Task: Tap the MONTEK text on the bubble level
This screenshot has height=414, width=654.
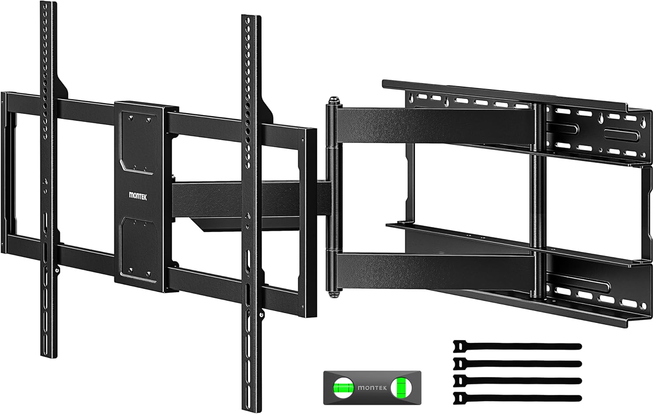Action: coord(372,387)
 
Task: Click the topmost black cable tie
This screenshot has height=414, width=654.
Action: coord(517,346)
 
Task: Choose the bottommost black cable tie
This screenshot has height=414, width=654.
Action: coord(517,398)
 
